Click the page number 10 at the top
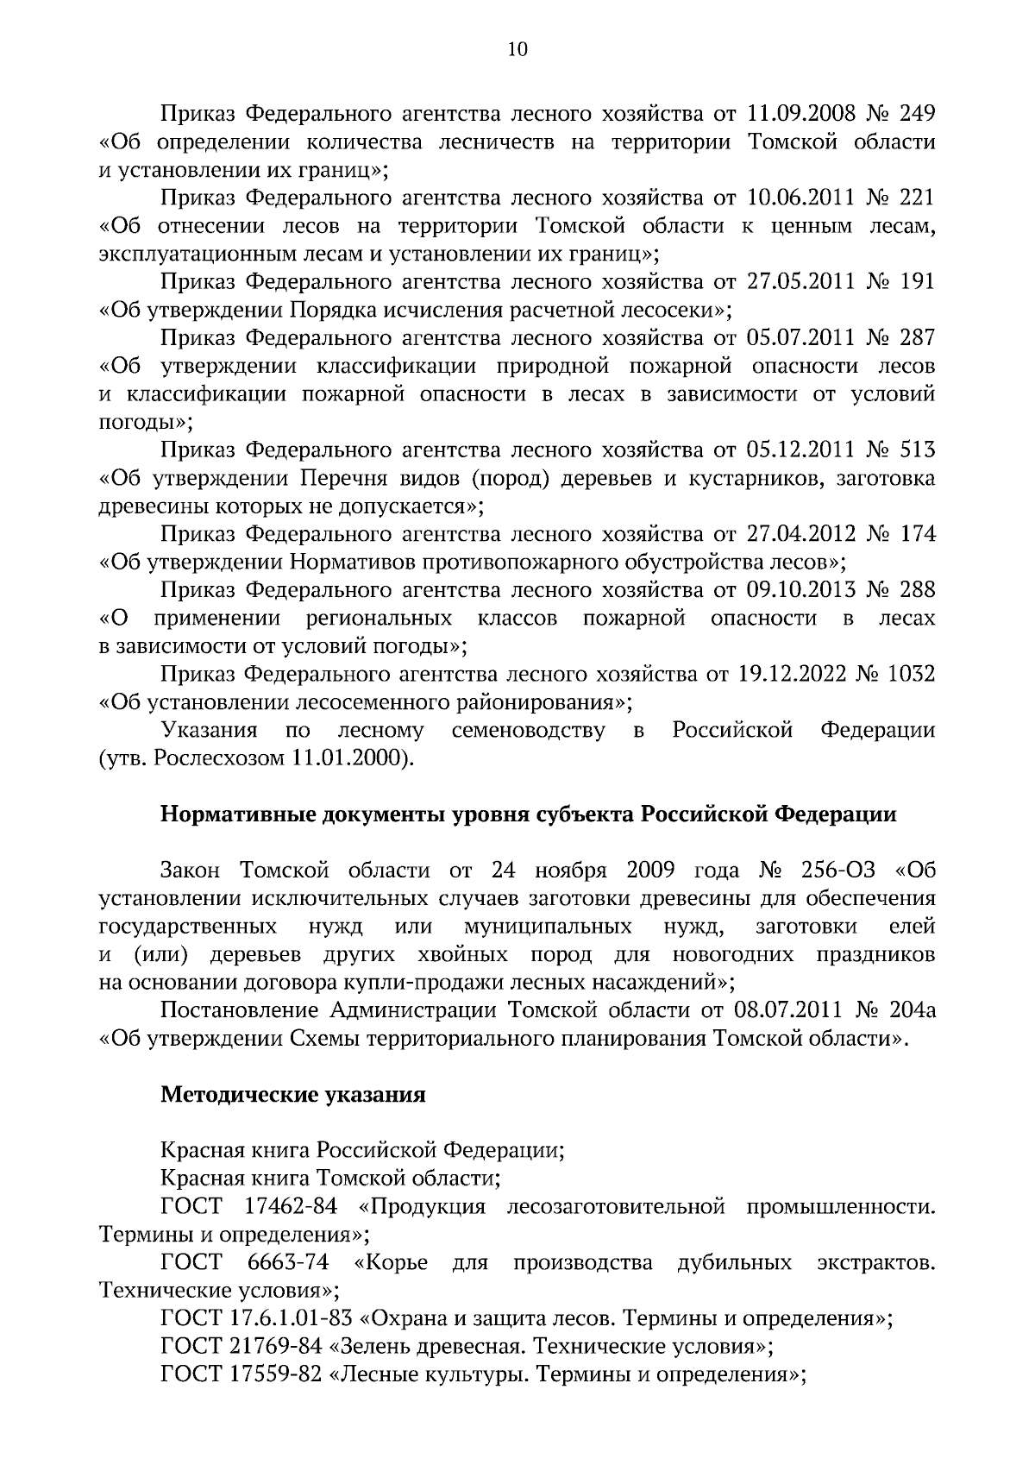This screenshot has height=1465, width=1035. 517,49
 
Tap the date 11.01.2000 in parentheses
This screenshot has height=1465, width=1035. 348,758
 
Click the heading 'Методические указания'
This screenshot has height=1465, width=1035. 293,1095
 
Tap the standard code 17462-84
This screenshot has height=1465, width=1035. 292,1207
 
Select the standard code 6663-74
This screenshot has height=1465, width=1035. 288,1263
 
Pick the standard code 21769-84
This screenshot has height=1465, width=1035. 272,1347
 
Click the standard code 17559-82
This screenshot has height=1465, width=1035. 272,1374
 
